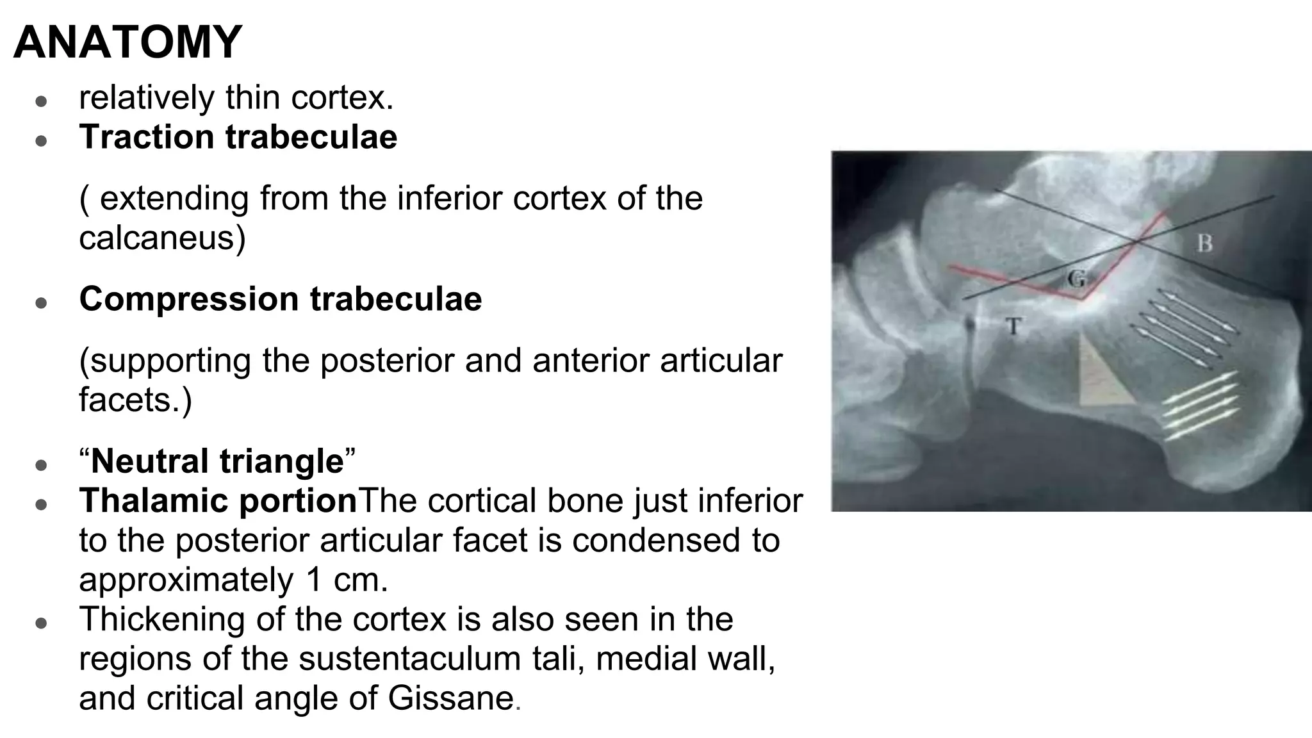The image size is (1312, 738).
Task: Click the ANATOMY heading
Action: [127, 42]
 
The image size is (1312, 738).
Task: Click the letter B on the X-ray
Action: [1204, 243]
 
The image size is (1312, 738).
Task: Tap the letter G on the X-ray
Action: [1077, 279]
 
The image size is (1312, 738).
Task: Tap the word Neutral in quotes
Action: [153, 461]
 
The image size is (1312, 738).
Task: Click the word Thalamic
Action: [147, 500]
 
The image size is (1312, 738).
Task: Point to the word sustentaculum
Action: [409, 659]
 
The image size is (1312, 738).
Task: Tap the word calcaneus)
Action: [162, 238]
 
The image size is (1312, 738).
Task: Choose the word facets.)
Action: [135, 400]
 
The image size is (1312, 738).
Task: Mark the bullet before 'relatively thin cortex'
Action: [42, 101]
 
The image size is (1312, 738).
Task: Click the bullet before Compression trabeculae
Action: [42, 302]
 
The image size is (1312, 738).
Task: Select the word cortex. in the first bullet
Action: [342, 98]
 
